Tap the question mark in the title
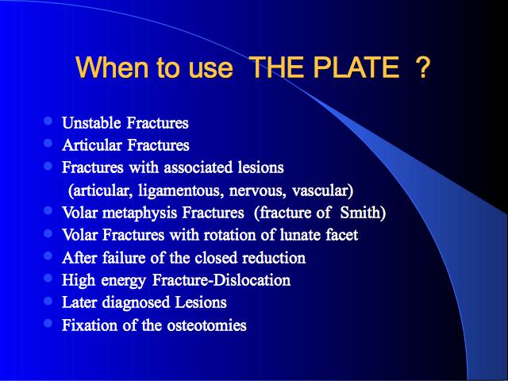pos(422,67)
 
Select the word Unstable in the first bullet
pos(91,123)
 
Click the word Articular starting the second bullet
pos(92,144)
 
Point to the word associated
pos(198,167)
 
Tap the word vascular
pos(322,190)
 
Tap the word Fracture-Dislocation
pos(221,280)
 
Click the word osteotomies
pos(206,325)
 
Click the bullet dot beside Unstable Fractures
pos(48,121)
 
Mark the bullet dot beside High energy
pos(48,278)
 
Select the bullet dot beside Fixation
pos(48,323)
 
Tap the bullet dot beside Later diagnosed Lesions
pos(48,301)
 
